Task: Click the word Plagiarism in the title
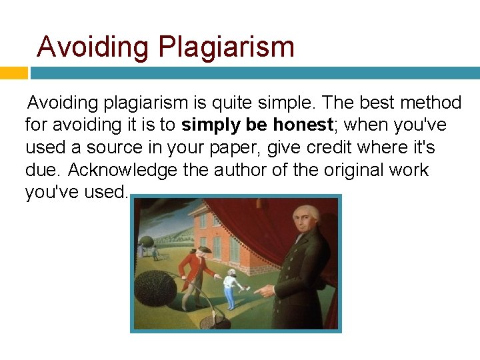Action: click(226, 47)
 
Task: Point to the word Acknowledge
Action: click(123, 170)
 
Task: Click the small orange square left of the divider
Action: click(13, 73)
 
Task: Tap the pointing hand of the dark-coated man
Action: click(265, 291)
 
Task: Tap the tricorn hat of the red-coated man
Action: click(204, 249)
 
